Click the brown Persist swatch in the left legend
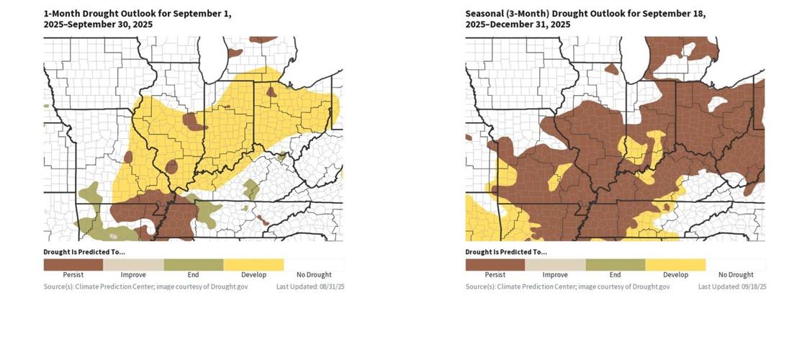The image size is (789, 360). (x=73, y=264)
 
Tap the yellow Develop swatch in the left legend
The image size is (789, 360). (x=253, y=264)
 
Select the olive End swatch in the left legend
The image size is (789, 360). (x=193, y=264)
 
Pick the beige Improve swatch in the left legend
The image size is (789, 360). (x=133, y=264)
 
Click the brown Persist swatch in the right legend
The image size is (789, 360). (x=495, y=264)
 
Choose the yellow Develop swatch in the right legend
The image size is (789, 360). (x=675, y=264)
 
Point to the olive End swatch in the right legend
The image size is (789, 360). (x=615, y=264)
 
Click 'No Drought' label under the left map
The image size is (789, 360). (x=314, y=275)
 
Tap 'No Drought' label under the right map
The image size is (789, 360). (x=736, y=275)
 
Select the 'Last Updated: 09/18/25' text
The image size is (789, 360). (x=732, y=287)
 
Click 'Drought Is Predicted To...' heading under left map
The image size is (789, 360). (x=84, y=252)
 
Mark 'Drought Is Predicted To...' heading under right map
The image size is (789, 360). (x=506, y=252)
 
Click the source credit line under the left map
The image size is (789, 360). (x=145, y=287)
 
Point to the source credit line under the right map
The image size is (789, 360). (x=567, y=287)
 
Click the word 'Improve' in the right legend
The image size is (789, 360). (x=555, y=275)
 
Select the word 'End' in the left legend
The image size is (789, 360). (x=193, y=275)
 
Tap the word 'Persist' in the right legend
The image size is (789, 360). (x=495, y=275)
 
